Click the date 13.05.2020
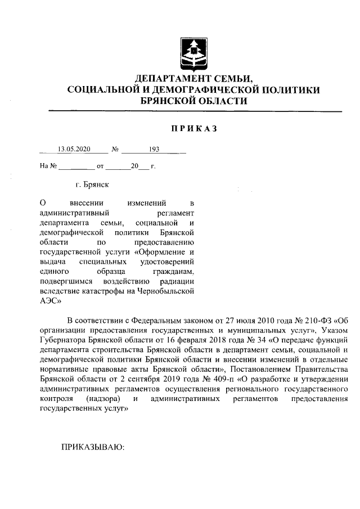(x=74, y=150)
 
